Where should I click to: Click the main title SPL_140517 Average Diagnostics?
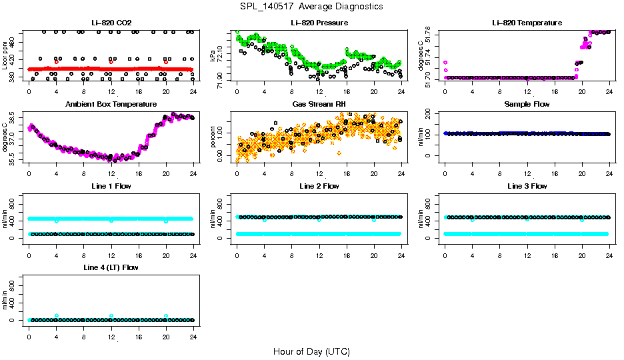click(x=312, y=7)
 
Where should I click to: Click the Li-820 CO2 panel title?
click(x=111, y=23)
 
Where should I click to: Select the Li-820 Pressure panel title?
click(x=319, y=23)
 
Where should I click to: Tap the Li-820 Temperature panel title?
click(x=527, y=23)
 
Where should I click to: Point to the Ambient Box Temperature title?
click(x=111, y=104)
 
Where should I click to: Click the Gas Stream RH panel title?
click(x=319, y=104)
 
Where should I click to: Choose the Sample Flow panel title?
click(x=527, y=104)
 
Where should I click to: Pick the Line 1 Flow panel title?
click(x=111, y=186)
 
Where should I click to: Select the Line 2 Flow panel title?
click(x=319, y=186)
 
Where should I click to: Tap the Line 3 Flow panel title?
click(x=527, y=186)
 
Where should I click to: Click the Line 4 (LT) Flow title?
click(x=111, y=267)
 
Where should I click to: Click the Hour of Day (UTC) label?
click(x=311, y=351)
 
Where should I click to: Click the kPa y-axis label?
click(x=213, y=56)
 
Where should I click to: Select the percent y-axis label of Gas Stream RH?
click(x=213, y=137)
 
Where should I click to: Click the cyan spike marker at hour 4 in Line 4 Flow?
click(x=57, y=315)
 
